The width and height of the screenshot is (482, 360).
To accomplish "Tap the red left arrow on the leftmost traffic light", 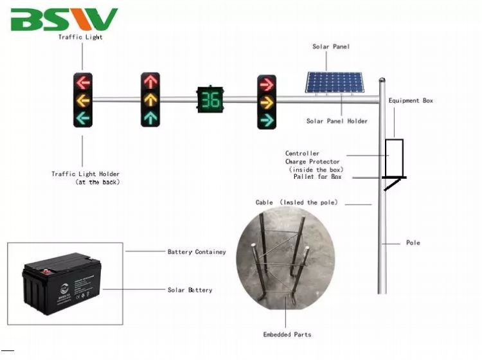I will click(83, 82).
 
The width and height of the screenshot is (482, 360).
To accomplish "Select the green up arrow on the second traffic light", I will click(150, 117).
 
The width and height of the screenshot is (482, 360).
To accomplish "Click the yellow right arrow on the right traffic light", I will click(266, 102).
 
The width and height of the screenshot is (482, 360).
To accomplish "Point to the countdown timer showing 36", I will click(210, 100).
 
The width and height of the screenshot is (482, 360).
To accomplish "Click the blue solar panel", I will click(334, 82).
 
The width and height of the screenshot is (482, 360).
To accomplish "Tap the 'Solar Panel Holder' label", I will click(337, 121).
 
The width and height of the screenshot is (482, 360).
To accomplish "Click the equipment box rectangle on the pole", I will click(394, 157).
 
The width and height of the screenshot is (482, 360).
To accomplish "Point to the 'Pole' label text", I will click(413, 243).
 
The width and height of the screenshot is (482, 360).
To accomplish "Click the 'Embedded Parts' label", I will click(287, 334).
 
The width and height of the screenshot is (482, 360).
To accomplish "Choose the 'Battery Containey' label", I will click(197, 252).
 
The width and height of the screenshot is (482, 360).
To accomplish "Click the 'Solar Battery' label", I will click(190, 291).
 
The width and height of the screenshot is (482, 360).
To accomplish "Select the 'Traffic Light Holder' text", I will click(85, 174).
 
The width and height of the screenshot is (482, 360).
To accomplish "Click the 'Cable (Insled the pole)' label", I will click(296, 203).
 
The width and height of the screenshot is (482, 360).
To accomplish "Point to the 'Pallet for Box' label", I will click(317, 177).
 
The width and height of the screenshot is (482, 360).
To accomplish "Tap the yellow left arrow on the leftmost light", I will click(83, 100).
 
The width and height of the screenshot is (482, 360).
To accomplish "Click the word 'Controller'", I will click(302, 154).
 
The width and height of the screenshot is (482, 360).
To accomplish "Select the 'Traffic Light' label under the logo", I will click(80, 37).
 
